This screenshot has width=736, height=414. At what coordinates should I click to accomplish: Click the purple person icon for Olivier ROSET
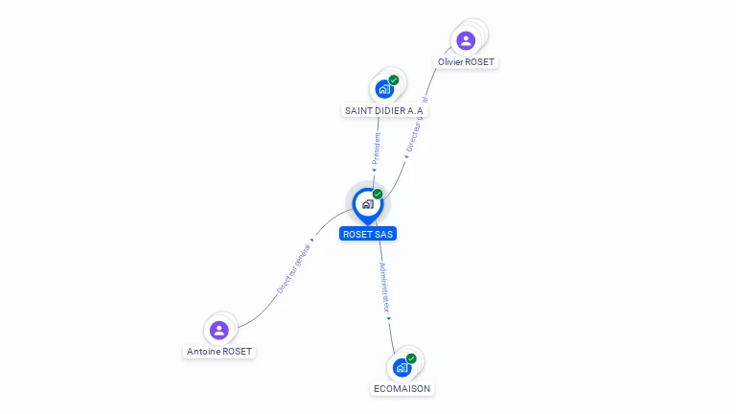point(466,40)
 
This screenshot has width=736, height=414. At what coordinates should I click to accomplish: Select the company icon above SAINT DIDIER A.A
point(384,89)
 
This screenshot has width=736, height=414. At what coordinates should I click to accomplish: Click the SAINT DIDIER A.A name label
point(383,110)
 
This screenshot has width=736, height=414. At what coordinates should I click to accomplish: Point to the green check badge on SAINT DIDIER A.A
point(394,80)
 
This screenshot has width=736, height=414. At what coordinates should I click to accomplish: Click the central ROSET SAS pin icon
point(367,203)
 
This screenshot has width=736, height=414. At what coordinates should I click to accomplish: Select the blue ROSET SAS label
point(368,234)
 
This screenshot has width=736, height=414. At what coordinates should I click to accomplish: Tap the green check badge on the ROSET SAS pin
point(378,195)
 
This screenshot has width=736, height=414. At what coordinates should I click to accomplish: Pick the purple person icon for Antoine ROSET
point(219,330)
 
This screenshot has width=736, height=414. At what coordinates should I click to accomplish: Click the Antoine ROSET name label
point(219,352)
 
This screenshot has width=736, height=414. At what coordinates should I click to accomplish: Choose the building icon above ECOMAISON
point(402,367)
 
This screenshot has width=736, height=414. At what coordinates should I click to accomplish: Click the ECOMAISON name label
point(402,388)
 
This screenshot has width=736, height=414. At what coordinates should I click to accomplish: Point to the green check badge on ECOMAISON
point(411,358)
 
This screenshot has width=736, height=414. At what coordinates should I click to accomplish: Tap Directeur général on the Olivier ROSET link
point(416,126)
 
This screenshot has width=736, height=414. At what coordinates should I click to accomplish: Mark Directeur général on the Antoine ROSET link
point(294,268)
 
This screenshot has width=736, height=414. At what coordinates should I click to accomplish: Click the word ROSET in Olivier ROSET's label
point(481,62)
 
